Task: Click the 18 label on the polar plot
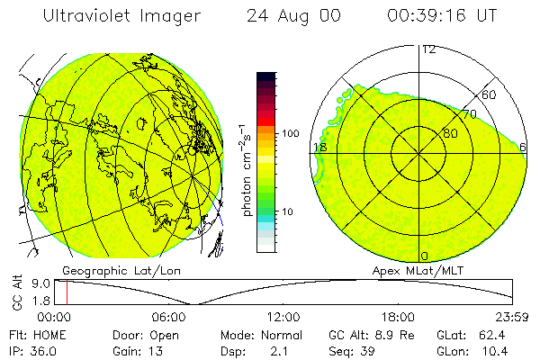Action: click(x=319, y=147)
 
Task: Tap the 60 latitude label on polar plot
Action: click(x=490, y=94)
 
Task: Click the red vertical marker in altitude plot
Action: click(x=67, y=292)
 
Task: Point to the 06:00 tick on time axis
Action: click(x=169, y=318)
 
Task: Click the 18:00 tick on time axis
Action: click(x=398, y=318)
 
